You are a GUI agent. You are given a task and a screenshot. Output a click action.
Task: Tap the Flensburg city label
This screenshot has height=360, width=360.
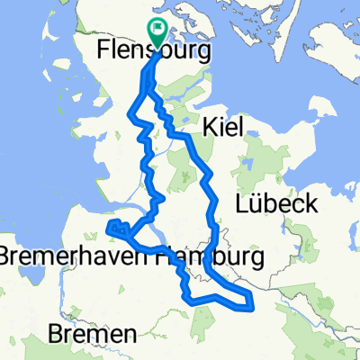(153, 54)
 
